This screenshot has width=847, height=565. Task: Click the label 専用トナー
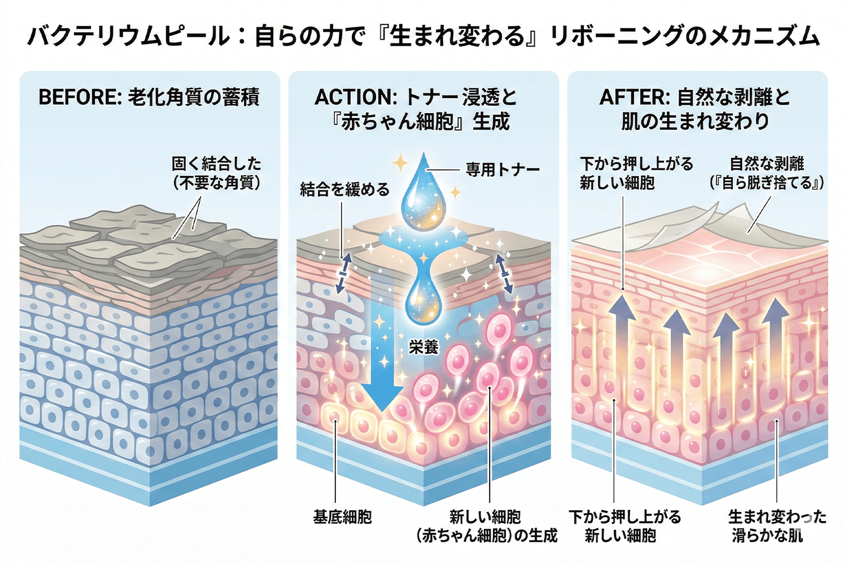pyautogui.click(x=502, y=169)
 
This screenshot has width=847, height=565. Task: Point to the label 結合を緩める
pyautogui.click(x=344, y=189)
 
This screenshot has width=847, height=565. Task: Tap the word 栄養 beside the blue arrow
pyautogui.click(x=423, y=346)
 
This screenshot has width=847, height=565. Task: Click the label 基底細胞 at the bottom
pyautogui.click(x=342, y=516)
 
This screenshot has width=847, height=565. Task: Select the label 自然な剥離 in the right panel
pyautogui.click(x=767, y=164)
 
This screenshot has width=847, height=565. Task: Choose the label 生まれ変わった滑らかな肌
pyautogui.click(x=776, y=525)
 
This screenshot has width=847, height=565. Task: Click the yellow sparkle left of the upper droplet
pyautogui.click(x=400, y=164)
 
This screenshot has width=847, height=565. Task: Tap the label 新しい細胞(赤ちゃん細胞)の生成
pyautogui.click(x=486, y=525)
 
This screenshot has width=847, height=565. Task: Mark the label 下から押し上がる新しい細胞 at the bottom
pyautogui.click(x=625, y=525)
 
